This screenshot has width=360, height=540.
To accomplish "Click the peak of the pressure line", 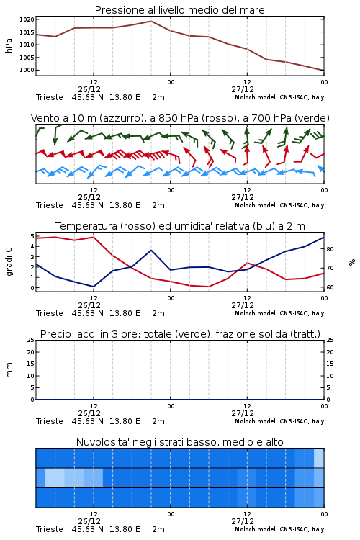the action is coord(151,21).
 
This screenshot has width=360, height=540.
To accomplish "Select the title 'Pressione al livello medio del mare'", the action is coord(180,10).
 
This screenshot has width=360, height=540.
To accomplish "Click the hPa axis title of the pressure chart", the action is coord(9,45).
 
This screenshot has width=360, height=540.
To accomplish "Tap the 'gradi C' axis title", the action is coord(9,261).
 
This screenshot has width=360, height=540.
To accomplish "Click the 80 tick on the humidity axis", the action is coord(330,249).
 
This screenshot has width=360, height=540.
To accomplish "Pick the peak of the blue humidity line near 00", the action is coord(151,250).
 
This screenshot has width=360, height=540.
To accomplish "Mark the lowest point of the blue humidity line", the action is coord(94,287).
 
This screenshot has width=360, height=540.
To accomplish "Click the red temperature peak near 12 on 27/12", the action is coord(247,263).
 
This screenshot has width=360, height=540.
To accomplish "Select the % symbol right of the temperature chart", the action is coord(352,262).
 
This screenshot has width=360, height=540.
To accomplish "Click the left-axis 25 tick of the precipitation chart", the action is coord(31,340).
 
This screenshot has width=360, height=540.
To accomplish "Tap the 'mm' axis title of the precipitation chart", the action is coord(9,370).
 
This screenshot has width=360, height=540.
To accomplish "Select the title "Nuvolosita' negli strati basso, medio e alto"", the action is coord(180,442).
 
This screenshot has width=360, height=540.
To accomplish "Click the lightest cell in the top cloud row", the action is coord(319,458).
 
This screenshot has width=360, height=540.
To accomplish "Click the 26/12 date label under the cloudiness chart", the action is coord(89,521).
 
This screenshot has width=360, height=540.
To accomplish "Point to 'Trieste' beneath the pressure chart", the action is coord(50,97).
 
